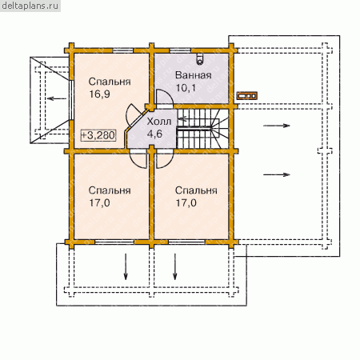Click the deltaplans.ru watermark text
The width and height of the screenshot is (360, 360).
click(30, 6)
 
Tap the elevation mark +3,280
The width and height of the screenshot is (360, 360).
click(98, 135)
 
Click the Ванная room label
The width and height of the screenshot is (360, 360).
click(194, 75)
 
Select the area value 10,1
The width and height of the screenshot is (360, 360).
click(186, 87)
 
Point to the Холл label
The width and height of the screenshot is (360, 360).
click(159, 122)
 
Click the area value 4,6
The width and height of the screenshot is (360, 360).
click(154, 134)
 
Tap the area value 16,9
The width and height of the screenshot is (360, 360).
click(99, 94)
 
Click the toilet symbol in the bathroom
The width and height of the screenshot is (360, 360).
click(200, 58)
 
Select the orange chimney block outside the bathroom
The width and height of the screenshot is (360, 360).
click(247, 95)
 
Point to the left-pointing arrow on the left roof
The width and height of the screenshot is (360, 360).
click(57, 99)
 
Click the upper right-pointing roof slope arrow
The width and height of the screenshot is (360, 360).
click(277, 126)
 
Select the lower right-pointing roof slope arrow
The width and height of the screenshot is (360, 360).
click(277, 174)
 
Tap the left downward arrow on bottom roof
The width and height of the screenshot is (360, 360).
click(126, 266)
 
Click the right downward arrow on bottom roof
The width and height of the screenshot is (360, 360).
click(175, 266)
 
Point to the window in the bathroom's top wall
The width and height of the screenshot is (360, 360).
click(181, 50)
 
